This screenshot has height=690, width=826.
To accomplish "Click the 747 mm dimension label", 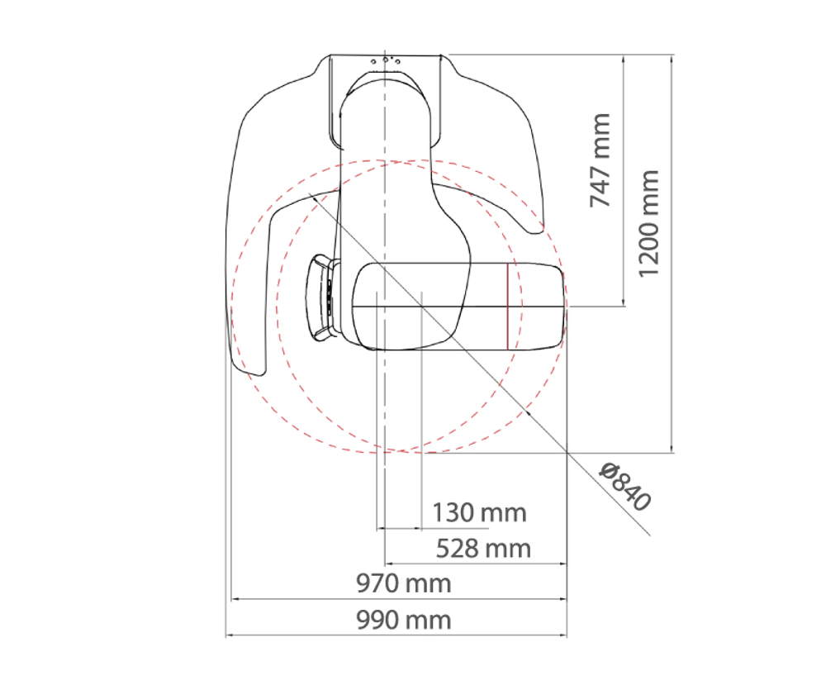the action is (600, 159).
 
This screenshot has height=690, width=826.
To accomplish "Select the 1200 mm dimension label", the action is (648, 223).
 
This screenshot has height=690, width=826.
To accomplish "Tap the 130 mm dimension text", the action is (479, 513).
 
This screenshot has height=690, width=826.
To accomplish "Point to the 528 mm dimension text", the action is (483, 549).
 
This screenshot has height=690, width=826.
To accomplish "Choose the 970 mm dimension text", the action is (404, 583).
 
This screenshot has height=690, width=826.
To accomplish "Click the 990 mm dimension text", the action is (404, 620).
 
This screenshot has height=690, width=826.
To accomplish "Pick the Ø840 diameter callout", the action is (625, 487).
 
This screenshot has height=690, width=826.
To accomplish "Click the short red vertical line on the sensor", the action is (507, 307).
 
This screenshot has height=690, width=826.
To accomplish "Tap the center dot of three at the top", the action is (386, 59).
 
